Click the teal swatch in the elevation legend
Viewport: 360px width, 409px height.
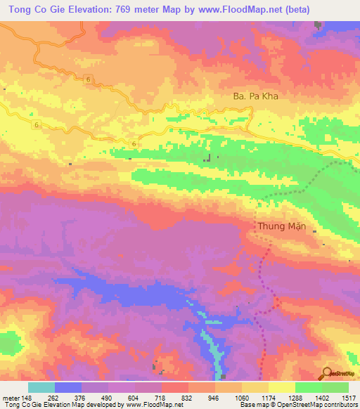pos(41,387)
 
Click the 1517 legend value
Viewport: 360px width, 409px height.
pos(348,398)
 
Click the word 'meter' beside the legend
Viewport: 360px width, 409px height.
pos(11,398)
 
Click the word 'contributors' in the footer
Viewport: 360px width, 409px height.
pos(338,405)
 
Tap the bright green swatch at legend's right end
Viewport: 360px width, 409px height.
pos(335,387)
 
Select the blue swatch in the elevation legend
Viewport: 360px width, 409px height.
pos(68,387)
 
